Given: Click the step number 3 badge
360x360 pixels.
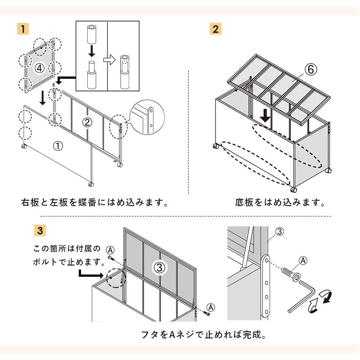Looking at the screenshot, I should (40, 231).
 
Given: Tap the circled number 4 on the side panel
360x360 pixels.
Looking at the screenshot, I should (40, 68).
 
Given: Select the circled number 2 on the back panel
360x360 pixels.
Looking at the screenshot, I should (88, 121).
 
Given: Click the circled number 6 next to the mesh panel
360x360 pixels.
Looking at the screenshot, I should (310, 69).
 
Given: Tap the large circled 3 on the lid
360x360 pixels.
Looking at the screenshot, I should (161, 267).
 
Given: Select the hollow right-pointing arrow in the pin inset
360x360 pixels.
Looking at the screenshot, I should (109, 59).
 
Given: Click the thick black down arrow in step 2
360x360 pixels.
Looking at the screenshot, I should (266, 116).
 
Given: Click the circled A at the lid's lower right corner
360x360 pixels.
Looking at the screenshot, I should (213, 306).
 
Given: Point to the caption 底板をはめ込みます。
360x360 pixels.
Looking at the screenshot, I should (280, 202).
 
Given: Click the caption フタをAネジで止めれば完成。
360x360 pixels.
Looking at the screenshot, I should (203, 335).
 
